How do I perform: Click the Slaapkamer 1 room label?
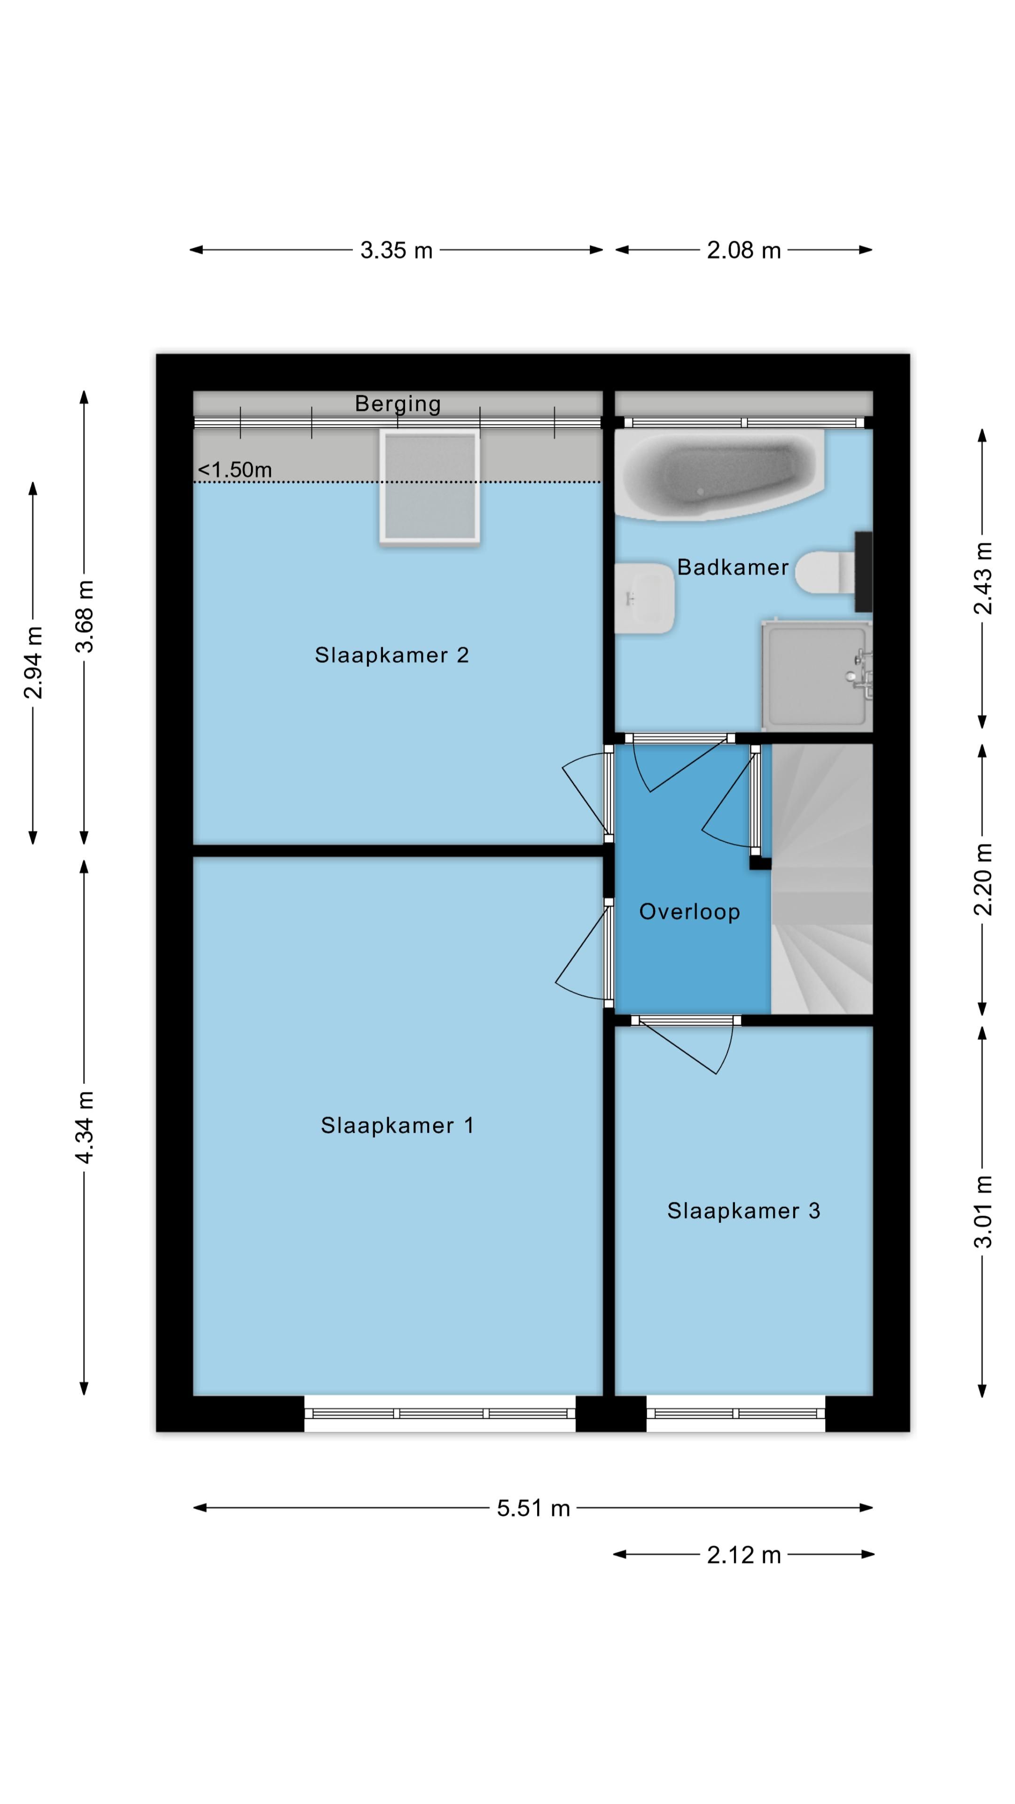coord(397,1126)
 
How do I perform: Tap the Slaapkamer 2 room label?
coord(391,655)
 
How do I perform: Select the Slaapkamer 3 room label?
coord(743,1211)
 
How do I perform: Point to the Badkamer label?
coord(733,567)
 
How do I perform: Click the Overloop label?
coord(689,912)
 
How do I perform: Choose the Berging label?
coord(398,404)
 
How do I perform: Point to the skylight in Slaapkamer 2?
coord(429,487)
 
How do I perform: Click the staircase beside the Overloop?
coord(822,878)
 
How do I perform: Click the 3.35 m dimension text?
coord(397,250)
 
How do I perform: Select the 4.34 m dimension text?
coord(84,1127)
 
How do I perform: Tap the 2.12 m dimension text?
coord(743,1555)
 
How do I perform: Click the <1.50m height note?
coord(234,469)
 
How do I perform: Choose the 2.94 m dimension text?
coord(33,662)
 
